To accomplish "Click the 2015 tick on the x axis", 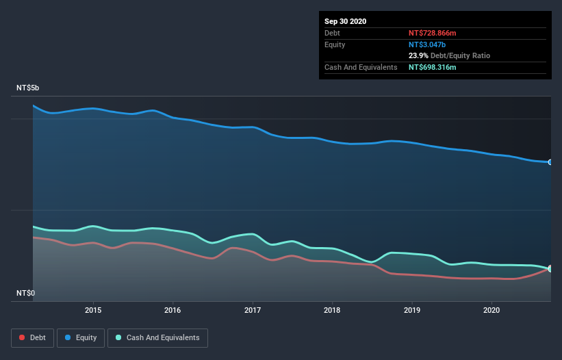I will point(93,309).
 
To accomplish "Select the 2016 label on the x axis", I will point(173,309).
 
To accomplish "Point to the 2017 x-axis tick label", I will point(253,309).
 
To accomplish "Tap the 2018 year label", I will point(332,309).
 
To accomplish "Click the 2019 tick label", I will point(412,309).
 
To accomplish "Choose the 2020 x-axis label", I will point(491,309).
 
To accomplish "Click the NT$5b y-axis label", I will point(28,88).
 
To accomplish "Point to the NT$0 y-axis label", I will point(25,293).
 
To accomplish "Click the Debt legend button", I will point(32,337).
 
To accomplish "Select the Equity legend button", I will point(80,337).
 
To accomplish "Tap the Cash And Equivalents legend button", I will point(157,337).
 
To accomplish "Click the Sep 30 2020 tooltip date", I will point(345,21).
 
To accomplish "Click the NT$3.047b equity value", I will point(427,44).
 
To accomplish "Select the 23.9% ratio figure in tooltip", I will point(419,55).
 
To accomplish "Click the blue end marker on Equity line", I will point(550,162).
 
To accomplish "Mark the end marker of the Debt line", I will point(550,268).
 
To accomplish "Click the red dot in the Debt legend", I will point(23,337).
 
